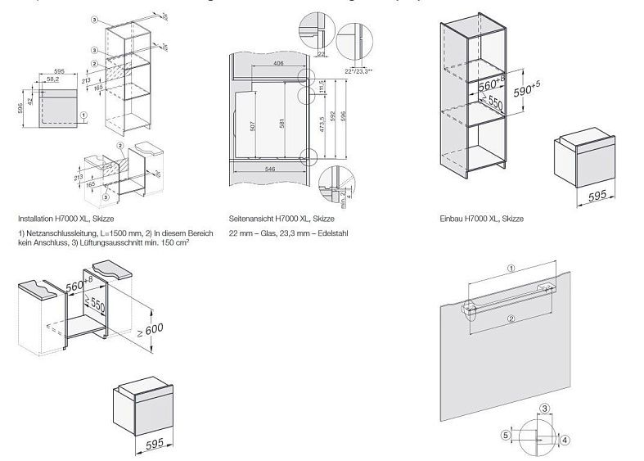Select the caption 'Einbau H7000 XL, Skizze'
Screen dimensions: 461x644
(x=481, y=219)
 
